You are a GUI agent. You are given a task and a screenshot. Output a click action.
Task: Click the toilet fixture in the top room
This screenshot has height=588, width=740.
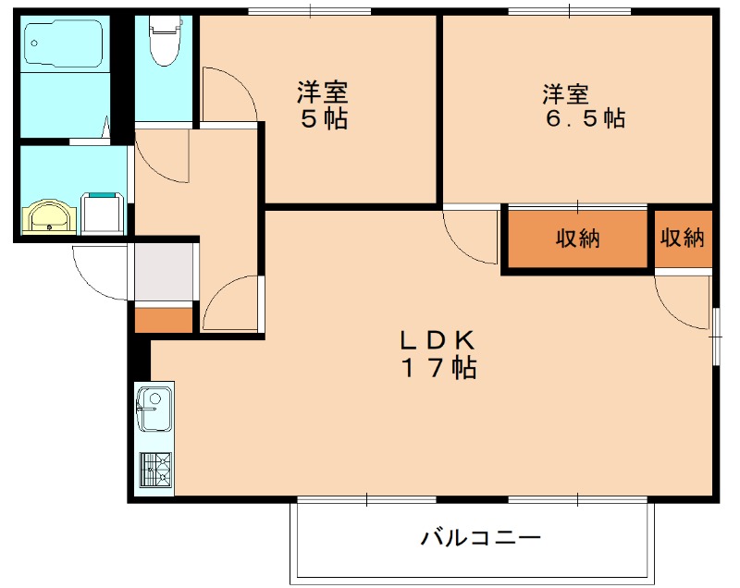tap(164, 41)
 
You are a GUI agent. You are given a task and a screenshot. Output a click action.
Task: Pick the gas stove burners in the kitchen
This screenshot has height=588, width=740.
tap(154, 470)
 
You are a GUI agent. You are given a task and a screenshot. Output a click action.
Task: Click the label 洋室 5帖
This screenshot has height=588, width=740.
tap(323, 105)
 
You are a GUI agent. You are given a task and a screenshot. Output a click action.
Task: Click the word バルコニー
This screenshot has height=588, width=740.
tap(479, 537)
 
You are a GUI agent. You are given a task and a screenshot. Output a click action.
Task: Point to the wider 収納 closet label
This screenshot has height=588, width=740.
tap(577, 239)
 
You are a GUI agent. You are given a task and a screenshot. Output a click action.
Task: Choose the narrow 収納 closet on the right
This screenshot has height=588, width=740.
tap(683, 238)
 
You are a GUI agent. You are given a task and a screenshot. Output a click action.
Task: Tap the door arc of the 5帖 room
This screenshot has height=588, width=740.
tap(228, 94)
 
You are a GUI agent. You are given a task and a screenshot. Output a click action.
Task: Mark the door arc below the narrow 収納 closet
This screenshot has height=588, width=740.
tap(683, 300)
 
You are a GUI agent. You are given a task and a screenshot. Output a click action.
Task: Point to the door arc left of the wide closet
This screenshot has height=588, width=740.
tap(470, 239)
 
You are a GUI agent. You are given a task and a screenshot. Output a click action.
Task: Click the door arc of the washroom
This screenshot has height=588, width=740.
tap(163, 156)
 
